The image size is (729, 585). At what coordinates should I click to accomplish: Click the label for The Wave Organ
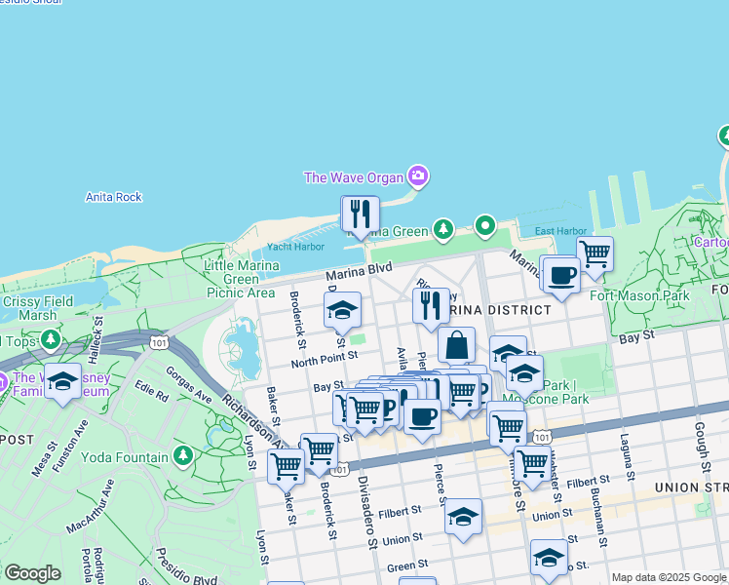[355, 177]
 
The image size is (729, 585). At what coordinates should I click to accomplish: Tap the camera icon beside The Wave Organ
[419, 176]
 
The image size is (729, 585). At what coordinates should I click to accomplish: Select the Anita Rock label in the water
[114, 197]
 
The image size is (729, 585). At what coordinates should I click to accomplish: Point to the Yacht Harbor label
[295, 247]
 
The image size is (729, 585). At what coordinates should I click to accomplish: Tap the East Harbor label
[560, 231]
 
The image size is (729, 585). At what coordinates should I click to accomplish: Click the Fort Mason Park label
[639, 295]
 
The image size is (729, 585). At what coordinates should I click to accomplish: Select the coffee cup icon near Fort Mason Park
[559, 275]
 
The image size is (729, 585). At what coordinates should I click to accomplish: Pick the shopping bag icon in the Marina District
[456, 345]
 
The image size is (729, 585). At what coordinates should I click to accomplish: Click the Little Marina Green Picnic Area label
[240, 279]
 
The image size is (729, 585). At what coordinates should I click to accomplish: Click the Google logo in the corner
[32, 573]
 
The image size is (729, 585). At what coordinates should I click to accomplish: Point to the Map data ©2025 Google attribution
[669, 577]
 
